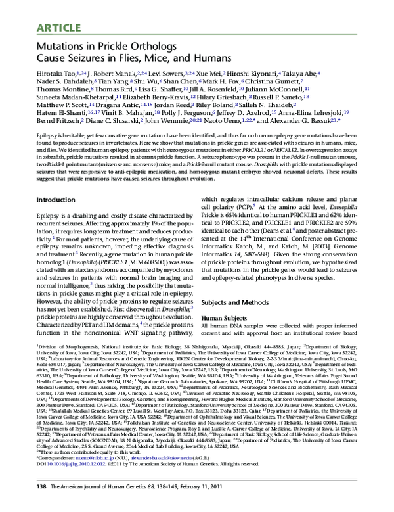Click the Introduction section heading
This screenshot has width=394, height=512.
coord(56,199)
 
